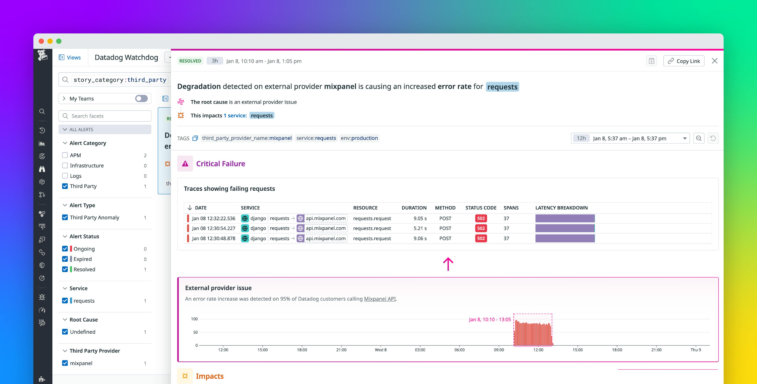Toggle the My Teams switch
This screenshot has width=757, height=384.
(x=141, y=98)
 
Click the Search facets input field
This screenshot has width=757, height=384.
(x=109, y=116)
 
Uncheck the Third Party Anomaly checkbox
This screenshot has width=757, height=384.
(x=65, y=217)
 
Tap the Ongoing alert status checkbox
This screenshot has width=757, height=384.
(x=65, y=249)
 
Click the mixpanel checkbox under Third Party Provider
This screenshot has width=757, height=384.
(x=65, y=363)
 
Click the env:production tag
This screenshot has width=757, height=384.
(x=359, y=138)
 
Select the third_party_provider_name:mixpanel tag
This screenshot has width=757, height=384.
(x=247, y=138)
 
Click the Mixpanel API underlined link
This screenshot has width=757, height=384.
(x=380, y=299)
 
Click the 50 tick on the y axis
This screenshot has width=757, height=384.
(x=195, y=332)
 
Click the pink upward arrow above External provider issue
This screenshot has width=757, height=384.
(x=448, y=264)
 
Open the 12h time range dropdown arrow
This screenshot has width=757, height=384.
(x=685, y=138)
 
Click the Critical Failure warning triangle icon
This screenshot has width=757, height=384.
(x=185, y=164)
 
